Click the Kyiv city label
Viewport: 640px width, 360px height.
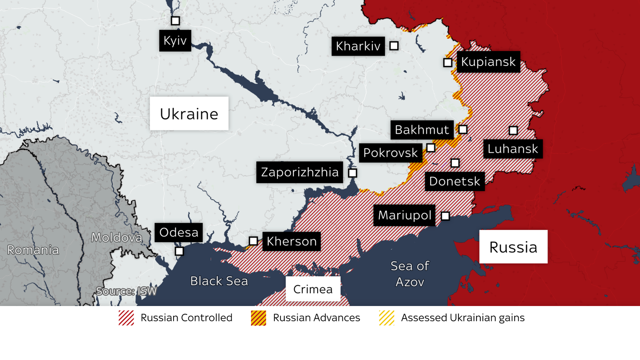(x=175, y=40)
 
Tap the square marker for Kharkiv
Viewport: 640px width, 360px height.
(x=394, y=46)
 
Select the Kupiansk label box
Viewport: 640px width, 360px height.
(x=488, y=62)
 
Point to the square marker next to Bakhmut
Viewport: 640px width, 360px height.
(x=463, y=129)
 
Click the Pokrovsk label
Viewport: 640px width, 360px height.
(x=390, y=153)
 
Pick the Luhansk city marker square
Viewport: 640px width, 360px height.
(x=513, y=130)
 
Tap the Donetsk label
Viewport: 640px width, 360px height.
(x=454, y=181)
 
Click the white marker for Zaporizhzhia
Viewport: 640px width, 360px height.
(x=352, y=173)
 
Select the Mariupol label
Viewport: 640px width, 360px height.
(x=404, y=215)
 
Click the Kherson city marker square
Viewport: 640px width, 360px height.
(x=253, y=241)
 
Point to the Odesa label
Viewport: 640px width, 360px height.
(x=178, y=232)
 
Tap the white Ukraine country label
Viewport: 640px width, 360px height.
(x=189, y=114)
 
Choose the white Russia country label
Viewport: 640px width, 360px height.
(x=513, y=247)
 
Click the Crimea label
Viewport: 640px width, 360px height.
(x=313, y=289)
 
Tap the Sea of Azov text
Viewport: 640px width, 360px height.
(x=410, y=274)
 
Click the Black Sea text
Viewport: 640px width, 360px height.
(x=219, y=281)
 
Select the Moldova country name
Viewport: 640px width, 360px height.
(x=116, y=238)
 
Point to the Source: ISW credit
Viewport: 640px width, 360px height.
(x=126, y=291)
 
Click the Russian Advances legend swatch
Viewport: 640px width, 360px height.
(x=258, y=318)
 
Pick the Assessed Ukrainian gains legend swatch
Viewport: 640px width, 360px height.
(x=386, y=318)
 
